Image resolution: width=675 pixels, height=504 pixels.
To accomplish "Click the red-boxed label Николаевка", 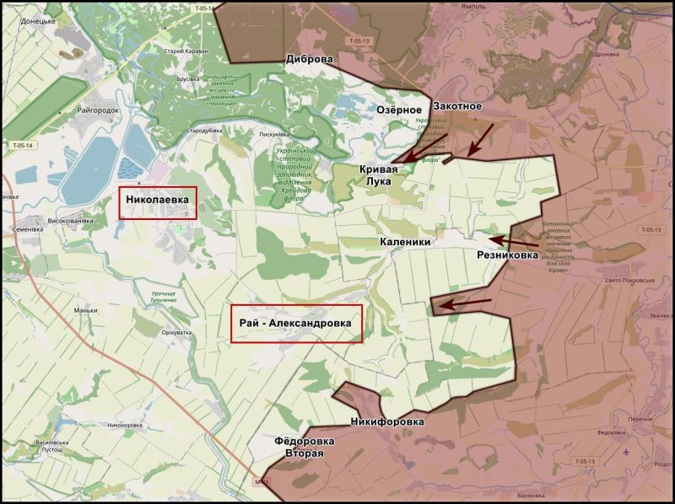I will [158, 202].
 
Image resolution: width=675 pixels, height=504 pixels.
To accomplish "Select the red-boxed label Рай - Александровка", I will [296, 324].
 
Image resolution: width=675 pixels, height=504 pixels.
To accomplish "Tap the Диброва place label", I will [310, 60].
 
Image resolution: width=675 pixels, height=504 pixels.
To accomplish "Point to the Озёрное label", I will [399, 110].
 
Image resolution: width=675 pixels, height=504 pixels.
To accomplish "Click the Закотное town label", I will [456, 106].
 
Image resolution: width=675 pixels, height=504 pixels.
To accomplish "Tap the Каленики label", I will [405, 241].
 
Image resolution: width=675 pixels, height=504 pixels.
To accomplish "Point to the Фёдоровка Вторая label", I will [304, 447].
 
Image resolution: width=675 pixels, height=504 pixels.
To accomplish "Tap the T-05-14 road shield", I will [23, 146].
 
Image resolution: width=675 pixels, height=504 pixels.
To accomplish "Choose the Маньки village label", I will [85, 310].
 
